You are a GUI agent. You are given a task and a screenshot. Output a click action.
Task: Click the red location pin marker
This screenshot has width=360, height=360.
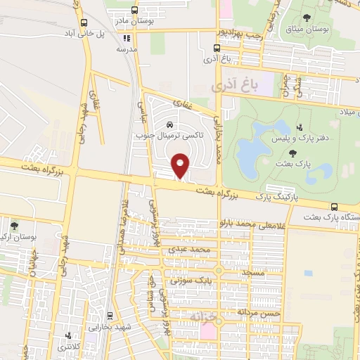tap(181, 166)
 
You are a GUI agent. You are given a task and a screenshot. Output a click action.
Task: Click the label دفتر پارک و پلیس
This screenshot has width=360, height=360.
tap(297, 139)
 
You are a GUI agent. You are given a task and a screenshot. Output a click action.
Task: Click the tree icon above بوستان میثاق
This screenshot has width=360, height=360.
tap(305, 18)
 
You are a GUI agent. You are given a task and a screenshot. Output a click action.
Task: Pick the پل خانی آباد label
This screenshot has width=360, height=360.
tap(86, 33)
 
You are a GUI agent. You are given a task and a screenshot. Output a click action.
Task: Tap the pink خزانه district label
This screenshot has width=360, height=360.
tap(199, 318)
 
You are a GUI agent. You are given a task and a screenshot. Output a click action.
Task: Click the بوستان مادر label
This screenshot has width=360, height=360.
tap(134, 21)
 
